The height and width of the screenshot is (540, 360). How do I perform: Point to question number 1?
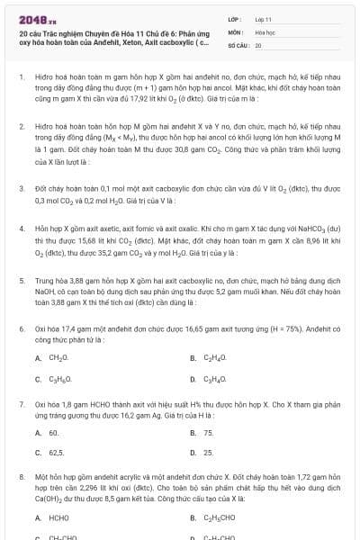tap(22, 78)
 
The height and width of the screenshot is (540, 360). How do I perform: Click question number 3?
tap(22, 189)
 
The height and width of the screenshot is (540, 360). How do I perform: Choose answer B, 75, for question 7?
tap(208, 432)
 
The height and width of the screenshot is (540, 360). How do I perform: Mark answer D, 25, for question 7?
tap(208, 453)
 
